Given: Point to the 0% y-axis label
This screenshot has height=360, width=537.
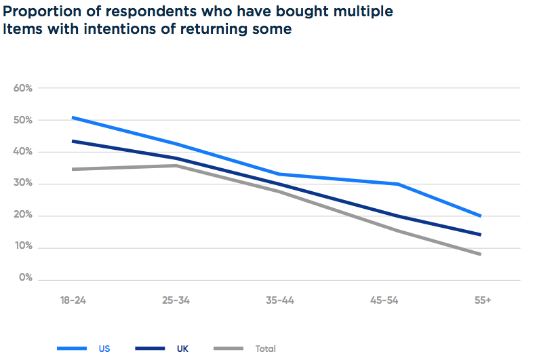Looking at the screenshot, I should coord(26,278).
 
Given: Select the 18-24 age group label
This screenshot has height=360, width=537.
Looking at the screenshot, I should coord(73,300).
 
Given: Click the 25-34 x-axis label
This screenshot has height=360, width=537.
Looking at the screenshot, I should coord(176,300).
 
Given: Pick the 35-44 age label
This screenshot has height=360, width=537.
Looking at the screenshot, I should coord(279,300).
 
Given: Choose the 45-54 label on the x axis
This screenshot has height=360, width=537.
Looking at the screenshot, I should coord(383,300).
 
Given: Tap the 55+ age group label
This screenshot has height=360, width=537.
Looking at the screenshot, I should coord(482,300).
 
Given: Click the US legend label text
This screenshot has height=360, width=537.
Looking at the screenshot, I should coord(104,348).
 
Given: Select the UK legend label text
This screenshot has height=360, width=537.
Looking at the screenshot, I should coord(182,348).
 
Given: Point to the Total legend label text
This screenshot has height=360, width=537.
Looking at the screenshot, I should coord(266,348).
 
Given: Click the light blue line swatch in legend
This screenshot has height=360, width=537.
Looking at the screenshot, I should coord(72,348).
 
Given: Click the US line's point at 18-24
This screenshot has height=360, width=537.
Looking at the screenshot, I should coord(73,118).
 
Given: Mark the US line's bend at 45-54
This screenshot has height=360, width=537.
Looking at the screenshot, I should coord(398,184).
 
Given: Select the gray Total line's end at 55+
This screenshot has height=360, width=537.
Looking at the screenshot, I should coord(481,254).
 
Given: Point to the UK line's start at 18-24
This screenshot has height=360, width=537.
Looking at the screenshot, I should coord(73,141).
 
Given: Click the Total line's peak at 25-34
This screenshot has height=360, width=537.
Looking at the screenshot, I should coord(176,165).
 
